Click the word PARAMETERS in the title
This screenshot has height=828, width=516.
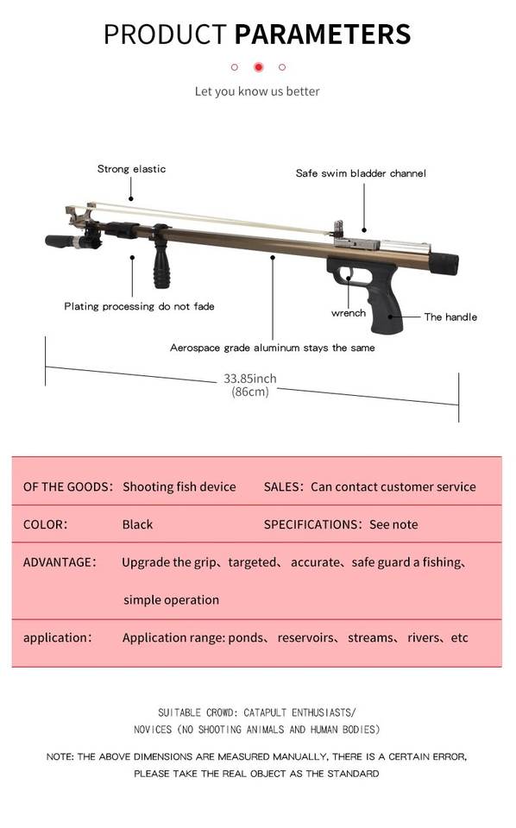(322, 34)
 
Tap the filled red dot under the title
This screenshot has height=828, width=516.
(258, 67)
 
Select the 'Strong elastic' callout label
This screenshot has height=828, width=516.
(131, 169)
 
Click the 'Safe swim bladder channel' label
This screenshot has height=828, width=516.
(361, 173)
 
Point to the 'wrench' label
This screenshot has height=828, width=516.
(349, 313)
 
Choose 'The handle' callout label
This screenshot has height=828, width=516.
(450, 317)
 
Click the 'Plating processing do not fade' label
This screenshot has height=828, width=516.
(140, 306)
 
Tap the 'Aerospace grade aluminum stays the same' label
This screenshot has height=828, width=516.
(273, 348)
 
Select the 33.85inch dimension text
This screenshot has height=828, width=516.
(250, 379)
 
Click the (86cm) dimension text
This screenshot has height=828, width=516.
(250, 392)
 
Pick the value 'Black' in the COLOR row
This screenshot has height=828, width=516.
(137, 524)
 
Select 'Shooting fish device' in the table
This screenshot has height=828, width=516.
(179, 486)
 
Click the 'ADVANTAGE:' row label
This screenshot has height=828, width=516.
(60, 561)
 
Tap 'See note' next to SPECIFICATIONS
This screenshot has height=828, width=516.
(393, 524)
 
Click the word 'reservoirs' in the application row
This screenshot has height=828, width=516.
(305, 638)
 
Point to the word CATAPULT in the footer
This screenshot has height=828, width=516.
(266, 713)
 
